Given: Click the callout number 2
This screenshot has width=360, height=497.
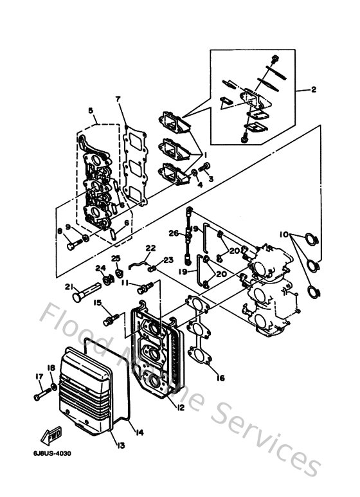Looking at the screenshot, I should (x=313, y=90).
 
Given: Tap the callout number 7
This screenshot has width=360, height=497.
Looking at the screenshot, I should (x=118, y=99).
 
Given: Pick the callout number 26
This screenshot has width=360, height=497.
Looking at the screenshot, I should (x=174, y=233).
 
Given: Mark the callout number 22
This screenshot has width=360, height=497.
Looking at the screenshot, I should (x=150, y=248).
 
